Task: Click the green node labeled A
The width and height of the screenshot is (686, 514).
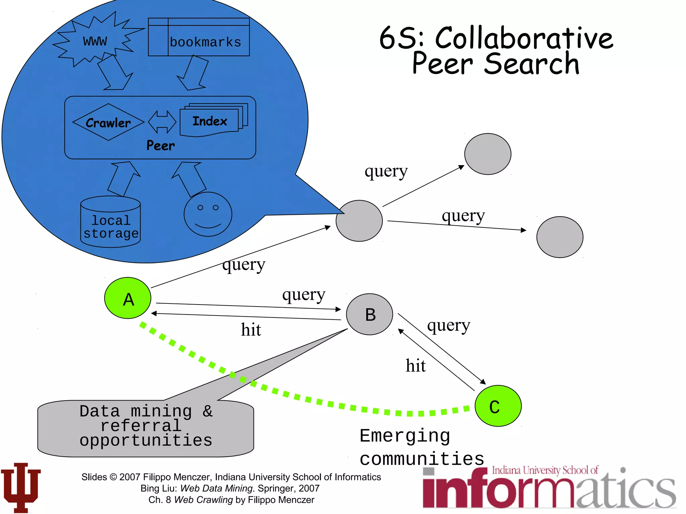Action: point(128,298)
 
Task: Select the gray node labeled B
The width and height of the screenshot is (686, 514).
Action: point(369,314)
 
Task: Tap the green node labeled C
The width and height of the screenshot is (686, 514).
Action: point(498,406)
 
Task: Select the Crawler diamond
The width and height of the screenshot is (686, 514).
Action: point(108,122)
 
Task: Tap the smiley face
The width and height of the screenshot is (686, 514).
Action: point(208,214)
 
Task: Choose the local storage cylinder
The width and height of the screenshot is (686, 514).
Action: point(111,222)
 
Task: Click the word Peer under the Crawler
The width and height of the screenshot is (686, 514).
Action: point(160,146)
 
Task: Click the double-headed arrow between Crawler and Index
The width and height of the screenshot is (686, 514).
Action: point(162,122)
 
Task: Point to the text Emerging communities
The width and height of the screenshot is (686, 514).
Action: point(421,447)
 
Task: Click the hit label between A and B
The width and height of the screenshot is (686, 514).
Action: point(251,330)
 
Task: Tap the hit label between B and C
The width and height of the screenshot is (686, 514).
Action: point(415,365)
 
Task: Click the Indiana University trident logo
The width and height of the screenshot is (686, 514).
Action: point(21,487)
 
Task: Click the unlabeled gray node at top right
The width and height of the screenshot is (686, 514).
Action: point(487,154)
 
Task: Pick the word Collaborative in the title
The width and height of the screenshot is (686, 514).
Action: point(524,38)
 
